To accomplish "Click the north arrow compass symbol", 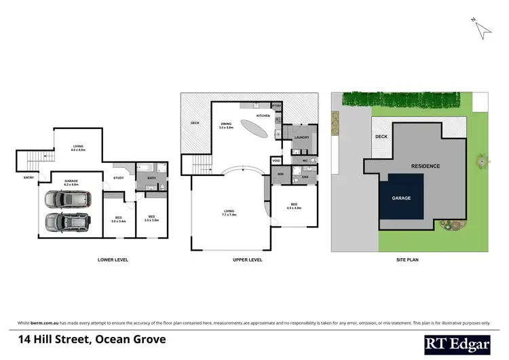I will (482, 29).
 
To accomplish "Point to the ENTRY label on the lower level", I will (29, 178).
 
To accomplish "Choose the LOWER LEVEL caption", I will (113, 259).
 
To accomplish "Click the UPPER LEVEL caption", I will (248, 259).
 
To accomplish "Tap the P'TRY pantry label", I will (276, 107).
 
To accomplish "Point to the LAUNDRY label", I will (302, 137).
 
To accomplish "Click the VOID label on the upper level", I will (276, 161).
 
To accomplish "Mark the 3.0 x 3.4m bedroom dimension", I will (117, 221).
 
